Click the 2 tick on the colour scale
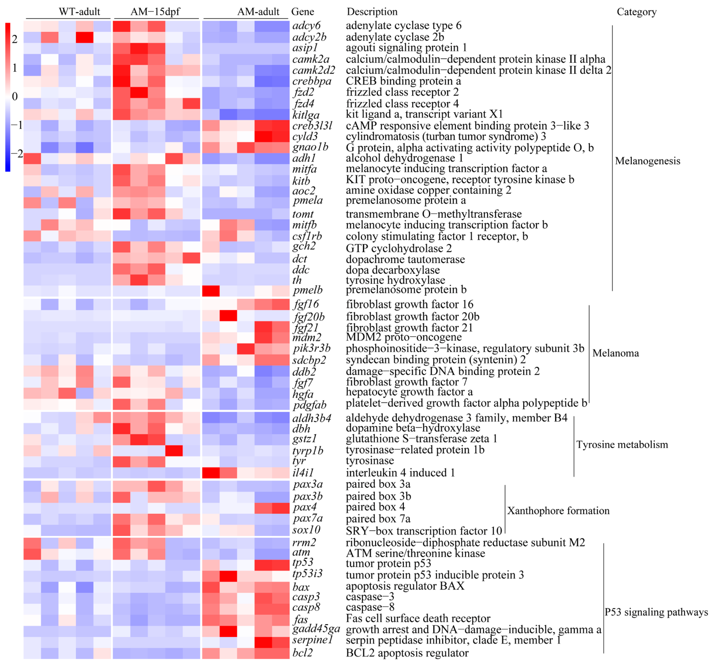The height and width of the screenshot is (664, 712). click(x=15, y=39)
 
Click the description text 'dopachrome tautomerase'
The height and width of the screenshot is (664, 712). click(x=405, y=259)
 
